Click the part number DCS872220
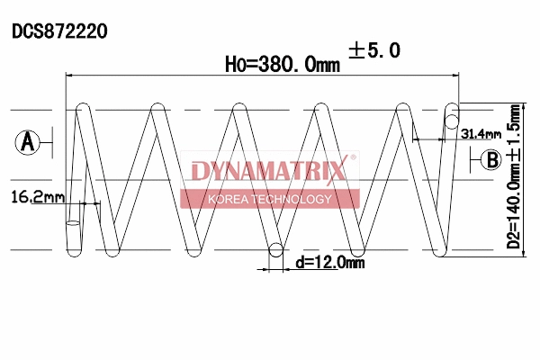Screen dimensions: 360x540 pos(59,31)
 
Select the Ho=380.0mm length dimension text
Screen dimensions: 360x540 pos(282,64)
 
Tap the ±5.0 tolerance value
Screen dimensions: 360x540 pos(373,51)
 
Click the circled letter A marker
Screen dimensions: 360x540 pos(28,141)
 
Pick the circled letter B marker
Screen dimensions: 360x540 pos(490,160)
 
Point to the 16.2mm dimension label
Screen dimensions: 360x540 pos(38,196)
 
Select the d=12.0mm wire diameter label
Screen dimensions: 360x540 pos(330,262)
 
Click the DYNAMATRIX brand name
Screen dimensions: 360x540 pos(267,171)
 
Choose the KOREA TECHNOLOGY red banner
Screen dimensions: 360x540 pos(269,199)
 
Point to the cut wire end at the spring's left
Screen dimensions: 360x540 pos(72,222)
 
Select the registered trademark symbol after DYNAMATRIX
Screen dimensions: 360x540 pos(353,158)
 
